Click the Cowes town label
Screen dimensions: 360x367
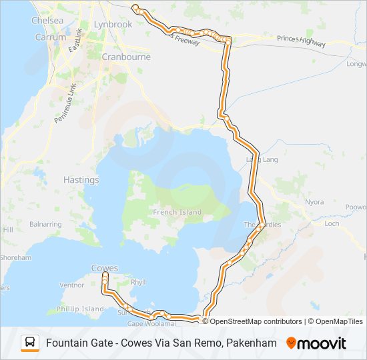105,268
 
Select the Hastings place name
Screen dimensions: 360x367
81,180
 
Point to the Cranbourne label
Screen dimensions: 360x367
126,57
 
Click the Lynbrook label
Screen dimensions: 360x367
113,24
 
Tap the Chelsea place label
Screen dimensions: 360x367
47,21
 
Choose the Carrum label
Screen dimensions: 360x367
49,37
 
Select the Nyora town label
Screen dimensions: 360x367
314,202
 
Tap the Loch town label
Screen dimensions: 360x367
332,223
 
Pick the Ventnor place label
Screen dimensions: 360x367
72,285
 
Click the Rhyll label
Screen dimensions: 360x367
138,283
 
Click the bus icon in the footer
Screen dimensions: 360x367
30,343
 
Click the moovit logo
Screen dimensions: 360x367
316,343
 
